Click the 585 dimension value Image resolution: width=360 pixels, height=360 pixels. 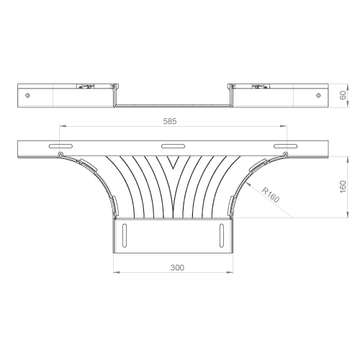(170, 122)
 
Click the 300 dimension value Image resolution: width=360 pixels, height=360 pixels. (177, 268)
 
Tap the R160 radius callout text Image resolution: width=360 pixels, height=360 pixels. (271, 195)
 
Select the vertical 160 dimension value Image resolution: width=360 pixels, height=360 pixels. (343, 186)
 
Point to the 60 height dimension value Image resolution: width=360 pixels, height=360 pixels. (343, 95)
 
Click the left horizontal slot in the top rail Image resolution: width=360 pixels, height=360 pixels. (60, 146)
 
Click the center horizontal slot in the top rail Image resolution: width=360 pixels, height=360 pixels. (173, 146)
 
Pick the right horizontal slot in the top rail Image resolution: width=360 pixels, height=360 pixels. (285, 146)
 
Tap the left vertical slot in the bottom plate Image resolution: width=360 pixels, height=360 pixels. (125, 235)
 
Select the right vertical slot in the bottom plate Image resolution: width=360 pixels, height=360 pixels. (222, 235)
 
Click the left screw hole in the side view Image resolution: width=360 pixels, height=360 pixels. (28, 96)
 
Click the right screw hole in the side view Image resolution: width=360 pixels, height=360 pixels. (318, 96)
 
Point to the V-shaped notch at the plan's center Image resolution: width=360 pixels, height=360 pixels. (174, 162)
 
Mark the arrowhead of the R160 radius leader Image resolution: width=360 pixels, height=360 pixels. (248, 184)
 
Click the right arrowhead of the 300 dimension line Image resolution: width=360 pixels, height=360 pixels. (230, 272)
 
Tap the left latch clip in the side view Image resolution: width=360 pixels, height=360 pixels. (86, 86)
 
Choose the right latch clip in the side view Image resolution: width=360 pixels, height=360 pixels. (261, 86)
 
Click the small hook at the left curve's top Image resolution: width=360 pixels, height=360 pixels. (61, 154)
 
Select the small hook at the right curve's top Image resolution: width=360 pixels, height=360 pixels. (285, 154)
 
